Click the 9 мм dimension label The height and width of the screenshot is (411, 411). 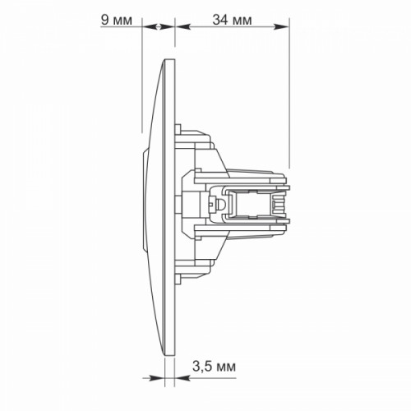point(117,21)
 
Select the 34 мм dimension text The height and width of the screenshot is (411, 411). point(232,20)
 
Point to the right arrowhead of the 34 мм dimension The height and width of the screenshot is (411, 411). point(282,26)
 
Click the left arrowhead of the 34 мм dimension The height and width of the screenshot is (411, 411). point(182,26)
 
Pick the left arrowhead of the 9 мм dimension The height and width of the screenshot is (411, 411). point(150,26)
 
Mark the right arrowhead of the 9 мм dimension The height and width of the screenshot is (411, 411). point(166,26)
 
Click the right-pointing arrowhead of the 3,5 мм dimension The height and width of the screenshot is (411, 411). point(157,378)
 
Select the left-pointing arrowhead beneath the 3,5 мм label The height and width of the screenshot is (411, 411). point(182,378)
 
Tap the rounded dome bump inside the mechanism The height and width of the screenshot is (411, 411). point(221,205)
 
